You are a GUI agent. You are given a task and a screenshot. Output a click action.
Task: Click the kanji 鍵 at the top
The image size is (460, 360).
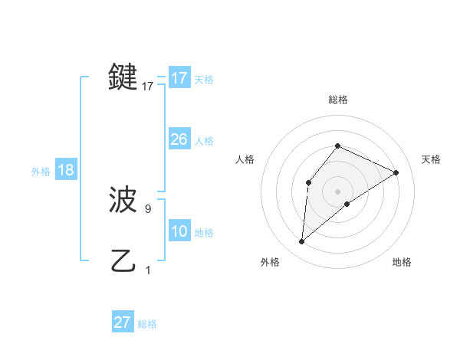coord(123,77)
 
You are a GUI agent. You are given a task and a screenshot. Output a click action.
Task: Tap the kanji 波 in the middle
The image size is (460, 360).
coord(123,200)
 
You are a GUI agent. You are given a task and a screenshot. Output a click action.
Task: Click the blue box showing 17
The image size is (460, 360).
coord(179,78)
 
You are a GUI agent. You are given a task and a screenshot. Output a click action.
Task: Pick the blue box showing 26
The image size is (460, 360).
coord(179,139)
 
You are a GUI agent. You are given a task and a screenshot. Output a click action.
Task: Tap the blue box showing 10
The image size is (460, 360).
coord(179,231)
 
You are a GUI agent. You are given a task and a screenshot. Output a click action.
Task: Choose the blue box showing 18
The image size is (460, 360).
coord(66,170)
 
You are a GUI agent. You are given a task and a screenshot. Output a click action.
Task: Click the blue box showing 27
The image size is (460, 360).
coord(123,322)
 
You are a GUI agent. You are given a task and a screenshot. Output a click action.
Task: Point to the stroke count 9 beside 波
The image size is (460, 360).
coord(148,208)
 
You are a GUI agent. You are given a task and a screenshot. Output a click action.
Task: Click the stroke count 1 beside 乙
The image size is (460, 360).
coord(148,270)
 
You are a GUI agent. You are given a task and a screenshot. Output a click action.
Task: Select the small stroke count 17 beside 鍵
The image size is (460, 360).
coord(148,87)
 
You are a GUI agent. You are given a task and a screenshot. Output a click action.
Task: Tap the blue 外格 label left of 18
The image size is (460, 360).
coord(41,172)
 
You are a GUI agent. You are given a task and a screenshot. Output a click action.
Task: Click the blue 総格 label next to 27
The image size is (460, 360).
coord(147,324)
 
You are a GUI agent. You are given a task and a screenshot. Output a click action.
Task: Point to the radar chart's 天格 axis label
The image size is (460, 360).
coord(432,159)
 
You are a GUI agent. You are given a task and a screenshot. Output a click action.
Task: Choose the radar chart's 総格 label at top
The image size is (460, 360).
coord(338,100)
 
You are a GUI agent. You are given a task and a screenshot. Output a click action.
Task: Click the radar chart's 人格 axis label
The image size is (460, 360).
coord(245,159)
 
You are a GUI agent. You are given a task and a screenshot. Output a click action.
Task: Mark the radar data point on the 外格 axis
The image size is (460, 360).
coord(302,242)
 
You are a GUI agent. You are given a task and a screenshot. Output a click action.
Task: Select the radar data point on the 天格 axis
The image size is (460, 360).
coord(396,172)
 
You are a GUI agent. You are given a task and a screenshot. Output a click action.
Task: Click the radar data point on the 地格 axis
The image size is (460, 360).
coord(347,204)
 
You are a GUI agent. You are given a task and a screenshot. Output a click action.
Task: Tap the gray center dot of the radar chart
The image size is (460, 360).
coord(338,191)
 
